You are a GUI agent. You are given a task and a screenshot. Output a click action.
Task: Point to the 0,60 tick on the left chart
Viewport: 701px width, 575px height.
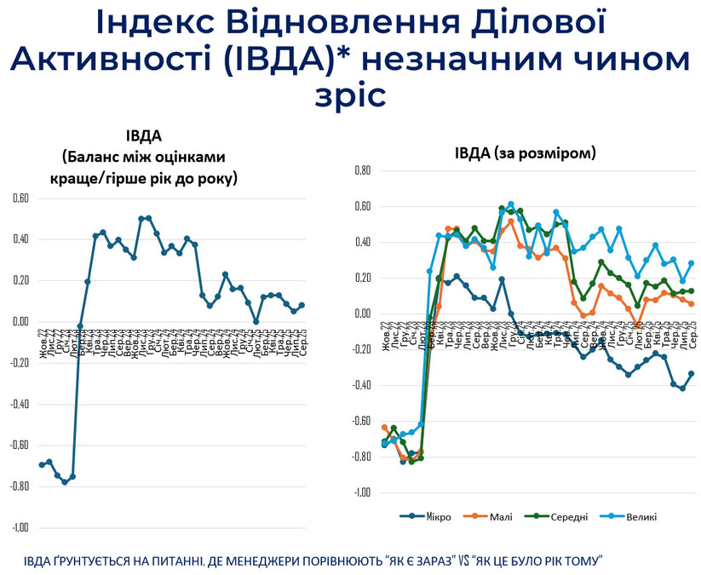pyautogui.click(x=20, y=198)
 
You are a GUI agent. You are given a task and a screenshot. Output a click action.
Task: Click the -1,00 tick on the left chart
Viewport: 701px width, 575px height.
pyautogui.click(x=19, y=527)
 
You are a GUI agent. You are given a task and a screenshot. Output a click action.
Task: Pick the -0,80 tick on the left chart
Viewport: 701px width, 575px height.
pyautogui.click(x=19, y=486)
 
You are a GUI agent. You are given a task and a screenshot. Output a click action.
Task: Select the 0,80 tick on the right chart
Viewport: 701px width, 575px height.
pyautogui.click(x=361, y=170)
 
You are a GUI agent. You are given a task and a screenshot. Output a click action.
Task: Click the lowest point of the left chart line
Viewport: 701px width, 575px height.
pyautogui.click(x=65, y=482)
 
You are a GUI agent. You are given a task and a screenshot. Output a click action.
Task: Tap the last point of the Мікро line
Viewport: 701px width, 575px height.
pyautogui.click(x=691, y=373)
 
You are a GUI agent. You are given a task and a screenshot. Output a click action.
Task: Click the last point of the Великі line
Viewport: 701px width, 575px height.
pyautogui.click(x=691, y=263)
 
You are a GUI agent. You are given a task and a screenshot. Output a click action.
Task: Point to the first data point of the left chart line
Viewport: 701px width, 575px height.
pyautogui.click(x=42, y=464)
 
